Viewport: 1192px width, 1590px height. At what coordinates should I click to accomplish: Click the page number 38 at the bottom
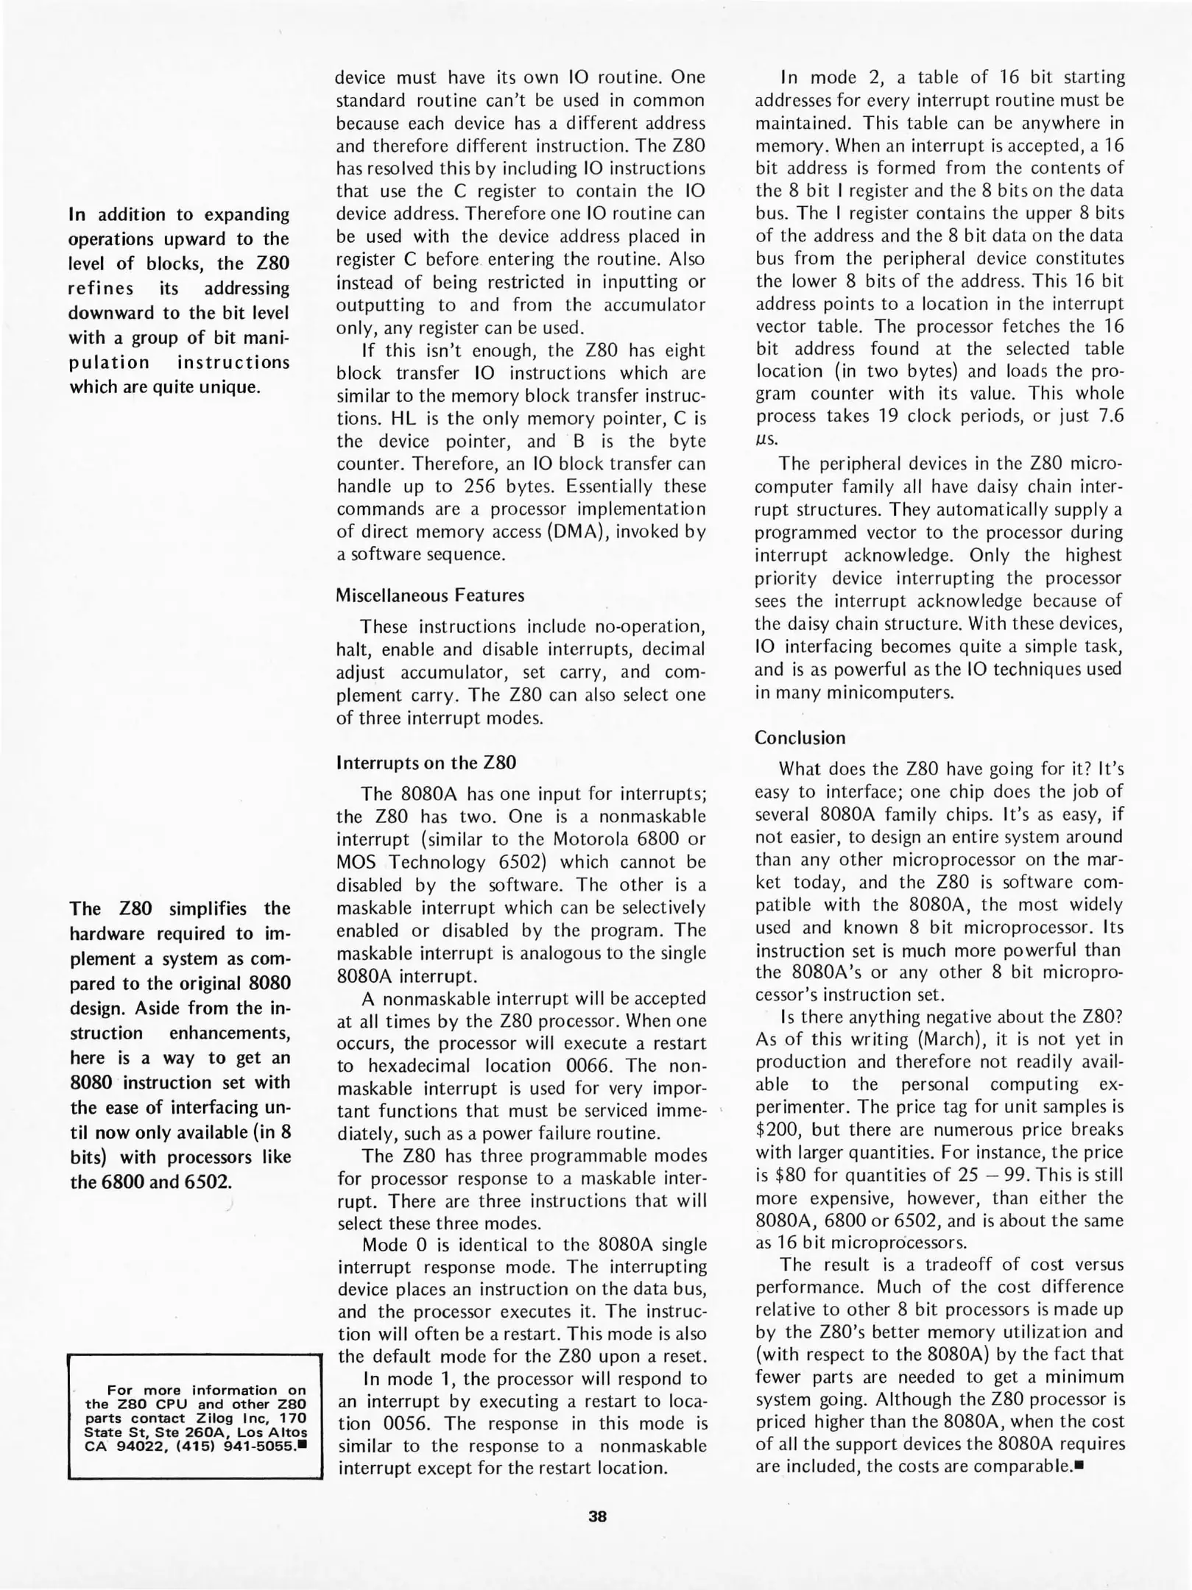tap(597, 1516)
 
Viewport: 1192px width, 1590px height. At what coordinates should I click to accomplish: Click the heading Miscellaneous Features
tap(430, 595)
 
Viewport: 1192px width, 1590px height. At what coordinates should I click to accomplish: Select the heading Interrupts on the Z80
tap(426, 762)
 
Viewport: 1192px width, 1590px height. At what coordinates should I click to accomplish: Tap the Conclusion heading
tap(800, 738)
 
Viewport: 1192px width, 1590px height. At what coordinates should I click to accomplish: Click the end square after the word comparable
tap(1080, 1466)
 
